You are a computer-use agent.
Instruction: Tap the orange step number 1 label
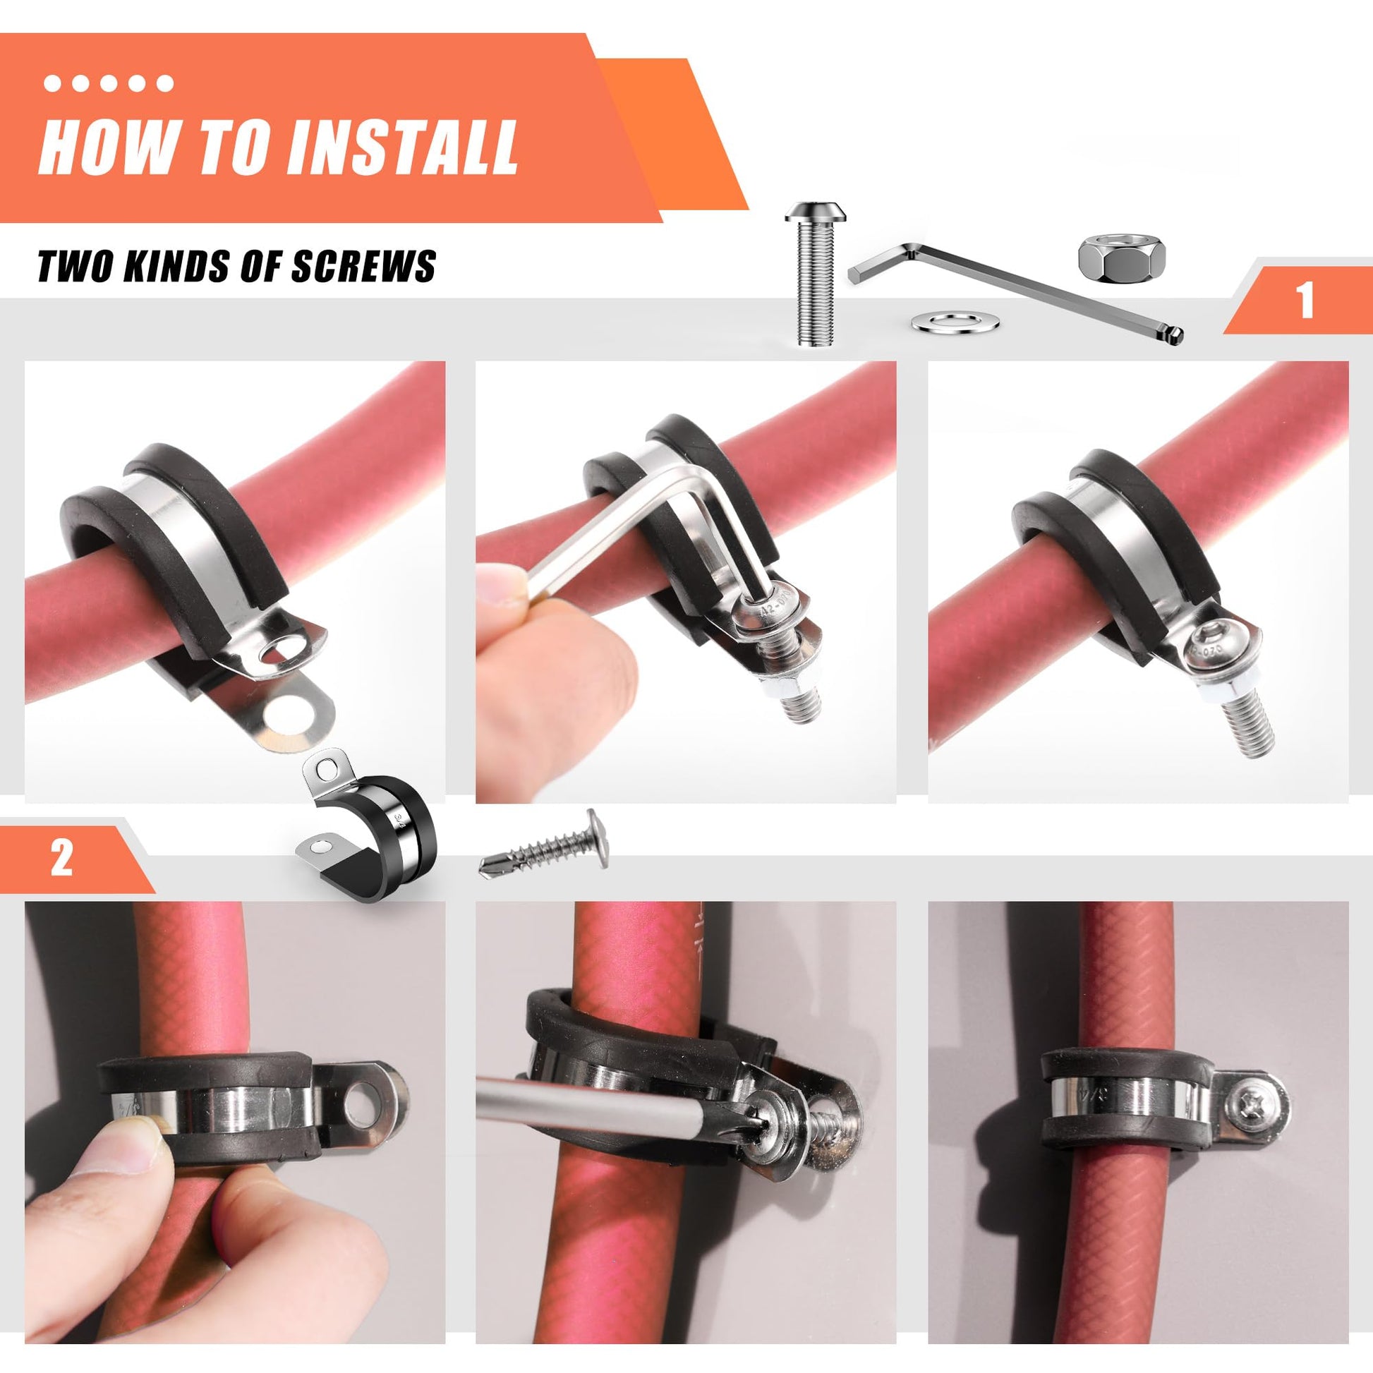pos(1305,301)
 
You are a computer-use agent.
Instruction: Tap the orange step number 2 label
pos(63,858)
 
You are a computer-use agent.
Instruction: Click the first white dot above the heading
pos(52,84)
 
